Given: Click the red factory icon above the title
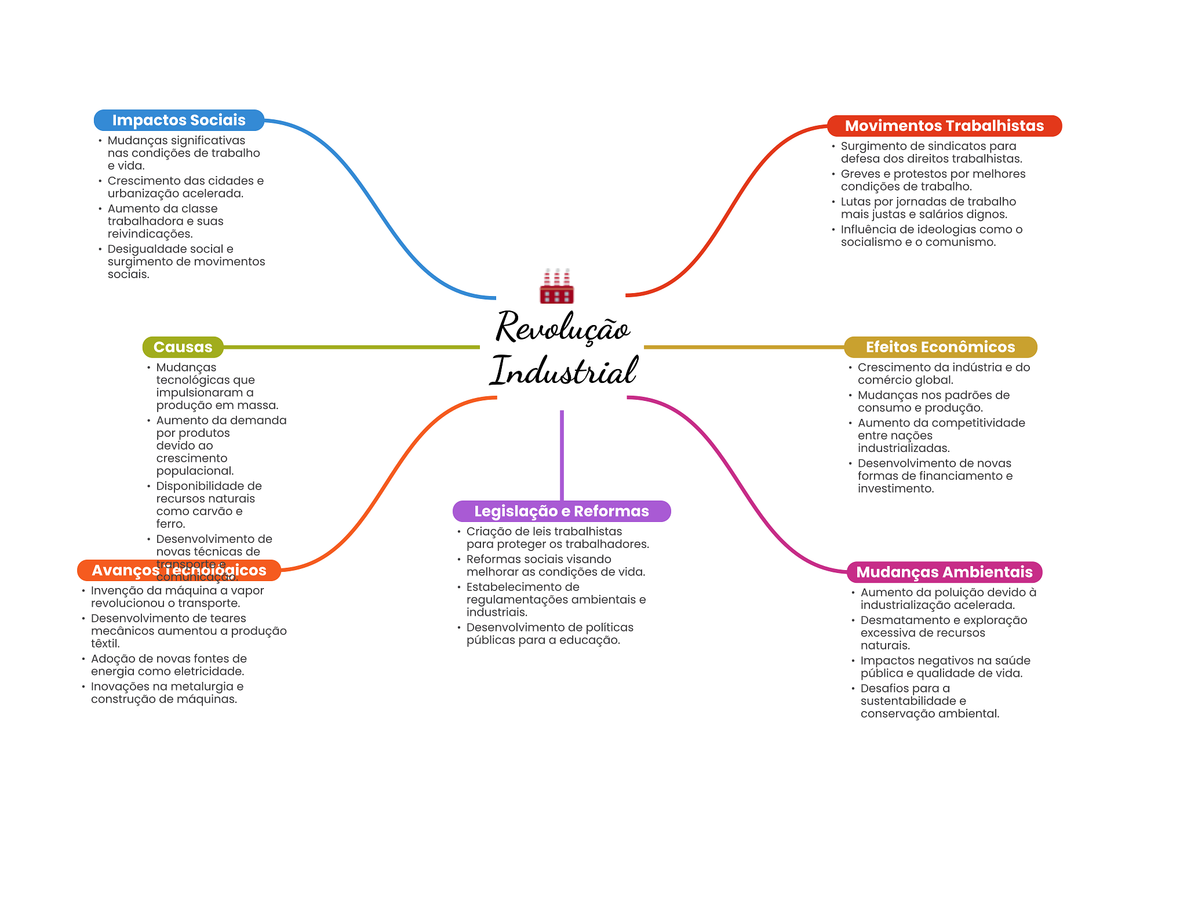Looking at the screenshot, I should click(x=556, y=286).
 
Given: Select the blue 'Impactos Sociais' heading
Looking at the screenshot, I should click(x=179, y=120).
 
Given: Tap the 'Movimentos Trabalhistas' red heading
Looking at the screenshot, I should click(x=944, y=126).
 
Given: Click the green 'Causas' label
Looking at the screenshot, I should click(x=183, y=347).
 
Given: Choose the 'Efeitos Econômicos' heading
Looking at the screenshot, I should click(x=940, y=347).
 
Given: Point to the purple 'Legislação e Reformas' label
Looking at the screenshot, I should click(x=561, y=511).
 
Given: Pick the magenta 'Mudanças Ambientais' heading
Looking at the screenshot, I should click(x=944, y=572).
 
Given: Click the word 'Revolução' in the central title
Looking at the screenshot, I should click(x=562, y=328).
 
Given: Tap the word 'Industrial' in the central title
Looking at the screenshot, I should click(x=564, y=371).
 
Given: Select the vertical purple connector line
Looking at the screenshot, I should click(x=562, y=455).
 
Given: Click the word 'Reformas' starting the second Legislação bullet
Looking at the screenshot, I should click(x=490, y=559).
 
